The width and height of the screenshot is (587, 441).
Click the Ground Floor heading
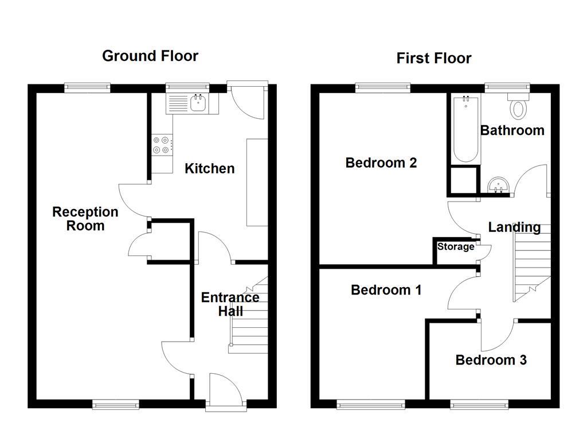pyautogui.click(x=150, y=56)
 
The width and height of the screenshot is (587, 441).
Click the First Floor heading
pyautogui.click(x=433, y=58)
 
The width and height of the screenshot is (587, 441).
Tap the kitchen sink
pyautogui.click(x=198, y=103)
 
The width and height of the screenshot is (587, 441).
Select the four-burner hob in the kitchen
pyautogui.click(x=161, y=145)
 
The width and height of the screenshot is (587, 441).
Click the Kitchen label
pyautogui.click(x=209, y=168)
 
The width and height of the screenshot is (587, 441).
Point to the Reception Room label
pyautogui.click(x=85, y=218)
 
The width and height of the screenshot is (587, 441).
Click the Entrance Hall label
pyautogui.click(x=230, y=304)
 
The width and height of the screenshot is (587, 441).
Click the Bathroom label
pyautogui.click(x=512, y=130)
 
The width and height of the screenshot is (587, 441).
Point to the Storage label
pyautogui.click(x=456, y=247)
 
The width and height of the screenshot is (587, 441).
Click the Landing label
pyautogui.click(x=514, y=227)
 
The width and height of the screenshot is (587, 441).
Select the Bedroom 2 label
pyautogui.click(x=381, y=163)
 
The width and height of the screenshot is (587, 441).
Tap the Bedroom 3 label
pyautogui.click(x=491, y=360)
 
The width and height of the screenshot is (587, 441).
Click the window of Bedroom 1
pyautogui.click(x=362, y=405)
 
